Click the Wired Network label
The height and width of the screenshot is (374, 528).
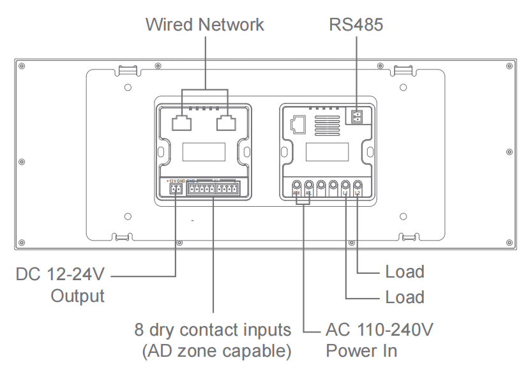click(204, 25)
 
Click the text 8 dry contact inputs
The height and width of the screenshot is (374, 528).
click(213, 331)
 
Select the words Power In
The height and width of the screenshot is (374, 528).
click(361, 351)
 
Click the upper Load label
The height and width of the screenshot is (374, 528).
click(405, 272)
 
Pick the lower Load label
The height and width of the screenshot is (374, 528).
click(405, 297)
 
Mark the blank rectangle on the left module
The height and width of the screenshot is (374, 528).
click(204, 153)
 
